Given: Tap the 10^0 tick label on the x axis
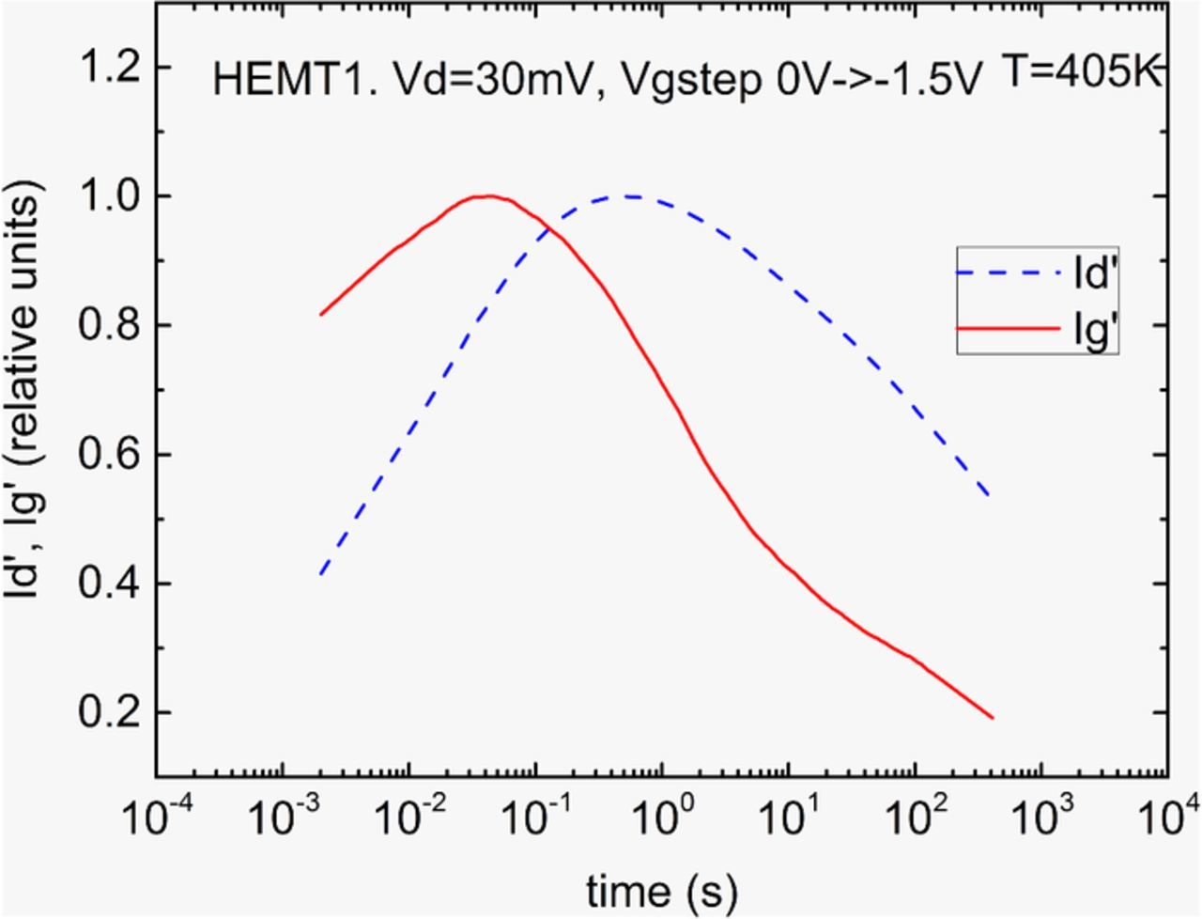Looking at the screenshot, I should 661,816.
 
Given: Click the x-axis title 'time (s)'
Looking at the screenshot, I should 662,888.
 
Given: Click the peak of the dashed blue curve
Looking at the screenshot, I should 627,196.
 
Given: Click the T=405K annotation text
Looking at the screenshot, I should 1081,71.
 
